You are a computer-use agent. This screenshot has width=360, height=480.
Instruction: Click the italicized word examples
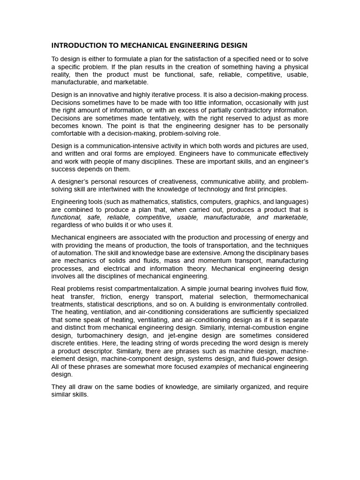tap(214, 367)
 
